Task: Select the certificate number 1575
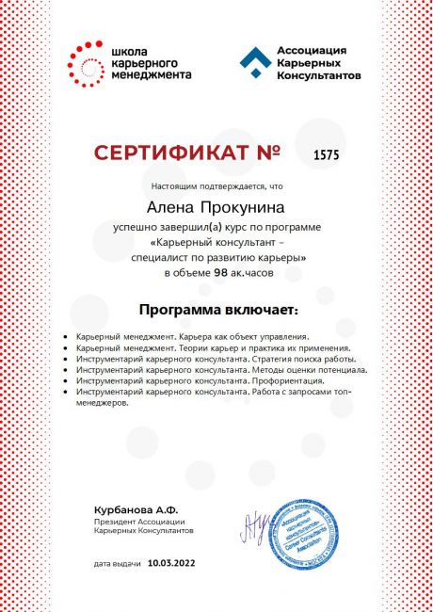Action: click(326, 153)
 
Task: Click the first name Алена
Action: click(168, 203)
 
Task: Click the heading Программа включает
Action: click(216, 309)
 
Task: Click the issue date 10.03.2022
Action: click(173, 564)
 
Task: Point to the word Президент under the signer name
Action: click(115, 522)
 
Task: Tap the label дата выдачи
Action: click(117, 564)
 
